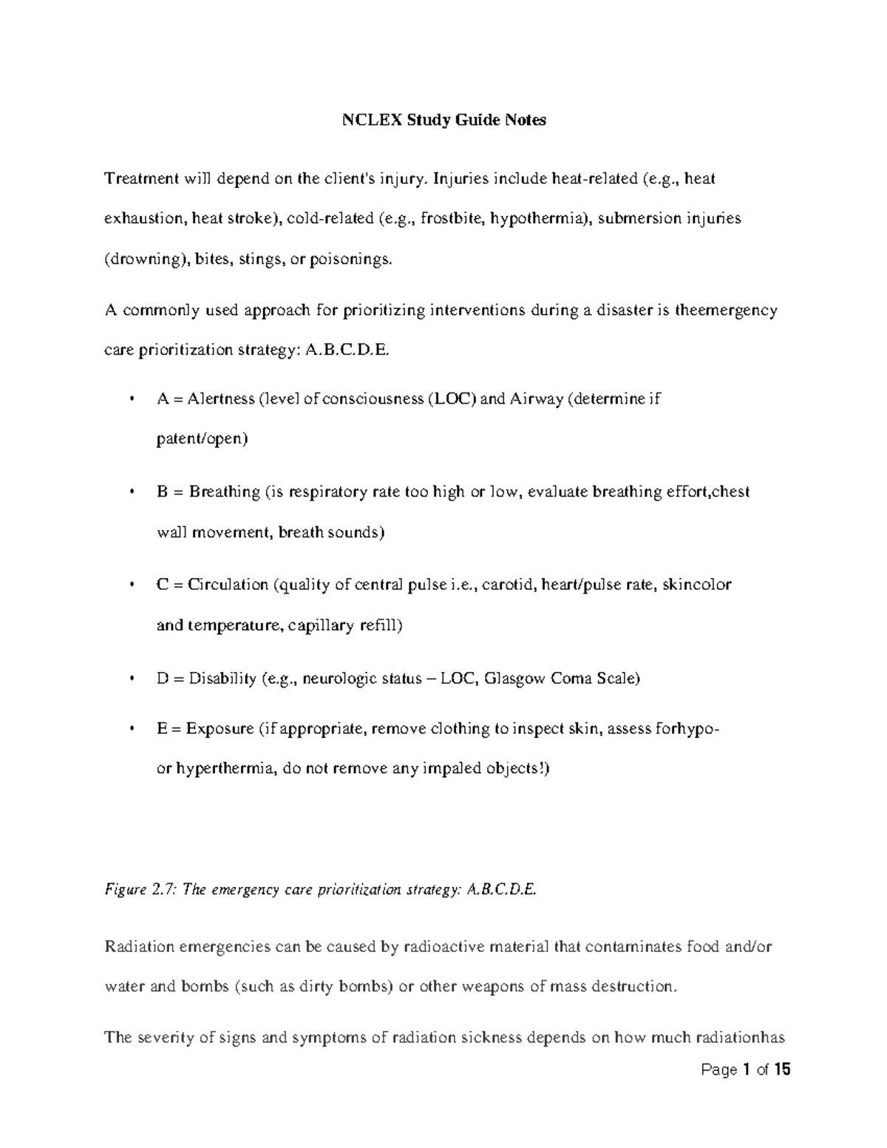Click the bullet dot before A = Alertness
[x=132, y=400]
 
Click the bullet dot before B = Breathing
[x=132, y=492]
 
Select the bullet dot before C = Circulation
[x=132, y=585]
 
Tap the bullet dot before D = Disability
[x=132, y=678]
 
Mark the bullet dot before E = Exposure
[x=132, y=729]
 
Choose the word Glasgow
[x=516, y=679]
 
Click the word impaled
[x=451, y=769]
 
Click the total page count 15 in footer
[x=783, y=1070]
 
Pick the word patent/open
[x=202, y=439]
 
